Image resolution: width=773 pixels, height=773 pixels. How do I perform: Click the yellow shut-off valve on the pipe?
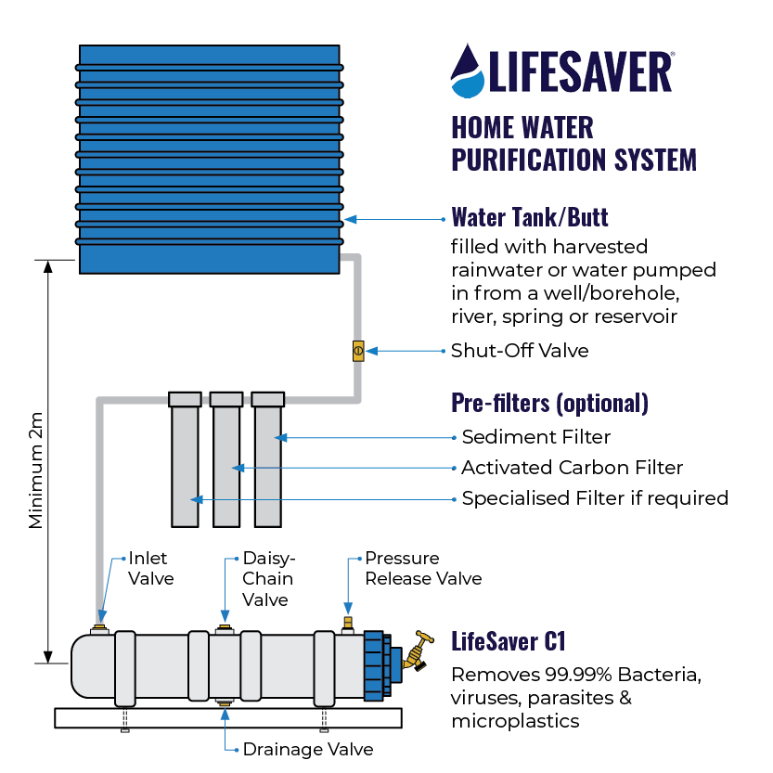358,351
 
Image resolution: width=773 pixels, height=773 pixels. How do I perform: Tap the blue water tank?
209,158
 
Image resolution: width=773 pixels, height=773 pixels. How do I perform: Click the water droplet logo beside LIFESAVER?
468,71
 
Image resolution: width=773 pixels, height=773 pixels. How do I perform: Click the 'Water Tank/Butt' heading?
529,218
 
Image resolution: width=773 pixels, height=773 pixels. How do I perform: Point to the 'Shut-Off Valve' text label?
519,351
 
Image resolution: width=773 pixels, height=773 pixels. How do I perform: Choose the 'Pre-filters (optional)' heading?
548,404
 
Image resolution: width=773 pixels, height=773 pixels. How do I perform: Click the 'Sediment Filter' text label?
535,436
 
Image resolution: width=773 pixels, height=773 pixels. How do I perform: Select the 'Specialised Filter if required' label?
594,498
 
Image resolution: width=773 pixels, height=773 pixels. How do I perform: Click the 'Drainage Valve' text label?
307,748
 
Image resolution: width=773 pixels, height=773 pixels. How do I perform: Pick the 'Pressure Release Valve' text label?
422,569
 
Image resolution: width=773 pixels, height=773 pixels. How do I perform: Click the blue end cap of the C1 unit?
375,663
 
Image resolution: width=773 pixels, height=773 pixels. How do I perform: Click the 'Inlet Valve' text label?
150,568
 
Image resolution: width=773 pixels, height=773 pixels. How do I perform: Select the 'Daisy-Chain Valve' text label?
268,579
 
